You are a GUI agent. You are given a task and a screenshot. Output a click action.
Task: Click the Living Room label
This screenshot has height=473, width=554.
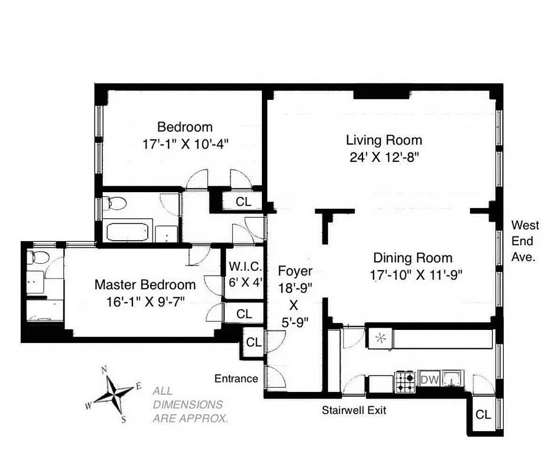pos(384,140)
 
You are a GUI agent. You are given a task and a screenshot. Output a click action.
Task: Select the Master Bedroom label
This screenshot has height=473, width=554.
pos(145,284)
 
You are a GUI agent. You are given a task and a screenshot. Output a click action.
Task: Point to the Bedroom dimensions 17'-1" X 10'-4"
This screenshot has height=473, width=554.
pos(184,143)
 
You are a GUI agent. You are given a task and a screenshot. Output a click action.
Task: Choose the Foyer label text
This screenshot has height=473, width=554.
pos(295,271)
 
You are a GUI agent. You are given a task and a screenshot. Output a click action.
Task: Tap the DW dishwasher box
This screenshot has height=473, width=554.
pos(429,380)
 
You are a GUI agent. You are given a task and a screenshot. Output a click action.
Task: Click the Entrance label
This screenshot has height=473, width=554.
pos(236,378)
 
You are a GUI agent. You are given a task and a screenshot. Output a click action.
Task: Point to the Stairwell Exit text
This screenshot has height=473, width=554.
pos(354,410)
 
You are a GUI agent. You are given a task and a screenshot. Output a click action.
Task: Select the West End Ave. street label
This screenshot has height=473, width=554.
pos(525,241)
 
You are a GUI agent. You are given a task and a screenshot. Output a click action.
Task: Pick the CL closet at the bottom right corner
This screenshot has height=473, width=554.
pos(483,414)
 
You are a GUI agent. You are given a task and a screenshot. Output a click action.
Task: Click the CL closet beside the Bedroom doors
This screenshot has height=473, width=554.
pos(243,201)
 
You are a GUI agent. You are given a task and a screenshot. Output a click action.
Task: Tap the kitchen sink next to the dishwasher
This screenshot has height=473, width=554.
pos(452,378)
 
